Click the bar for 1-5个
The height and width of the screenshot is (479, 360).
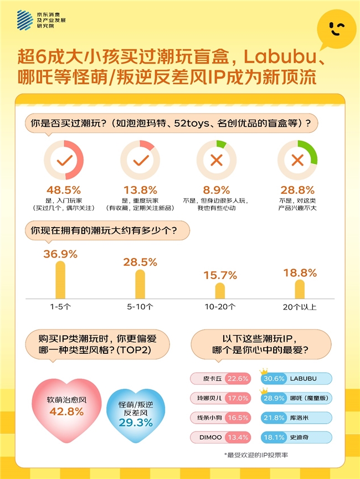pyautogui.click(x=60, y=279)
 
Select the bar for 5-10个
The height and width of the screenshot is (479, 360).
pyautogui.click(x=140, y=284)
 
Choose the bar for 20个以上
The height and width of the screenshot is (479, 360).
pyautogui.click(x=300, y=289)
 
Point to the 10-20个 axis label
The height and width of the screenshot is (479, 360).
pyautogui.click(x=220, y=306)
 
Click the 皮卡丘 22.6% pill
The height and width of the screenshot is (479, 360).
pyautogui.click(x=220, y=379)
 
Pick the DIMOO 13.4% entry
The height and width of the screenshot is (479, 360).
pyautogui.click(x=220, y=437)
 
